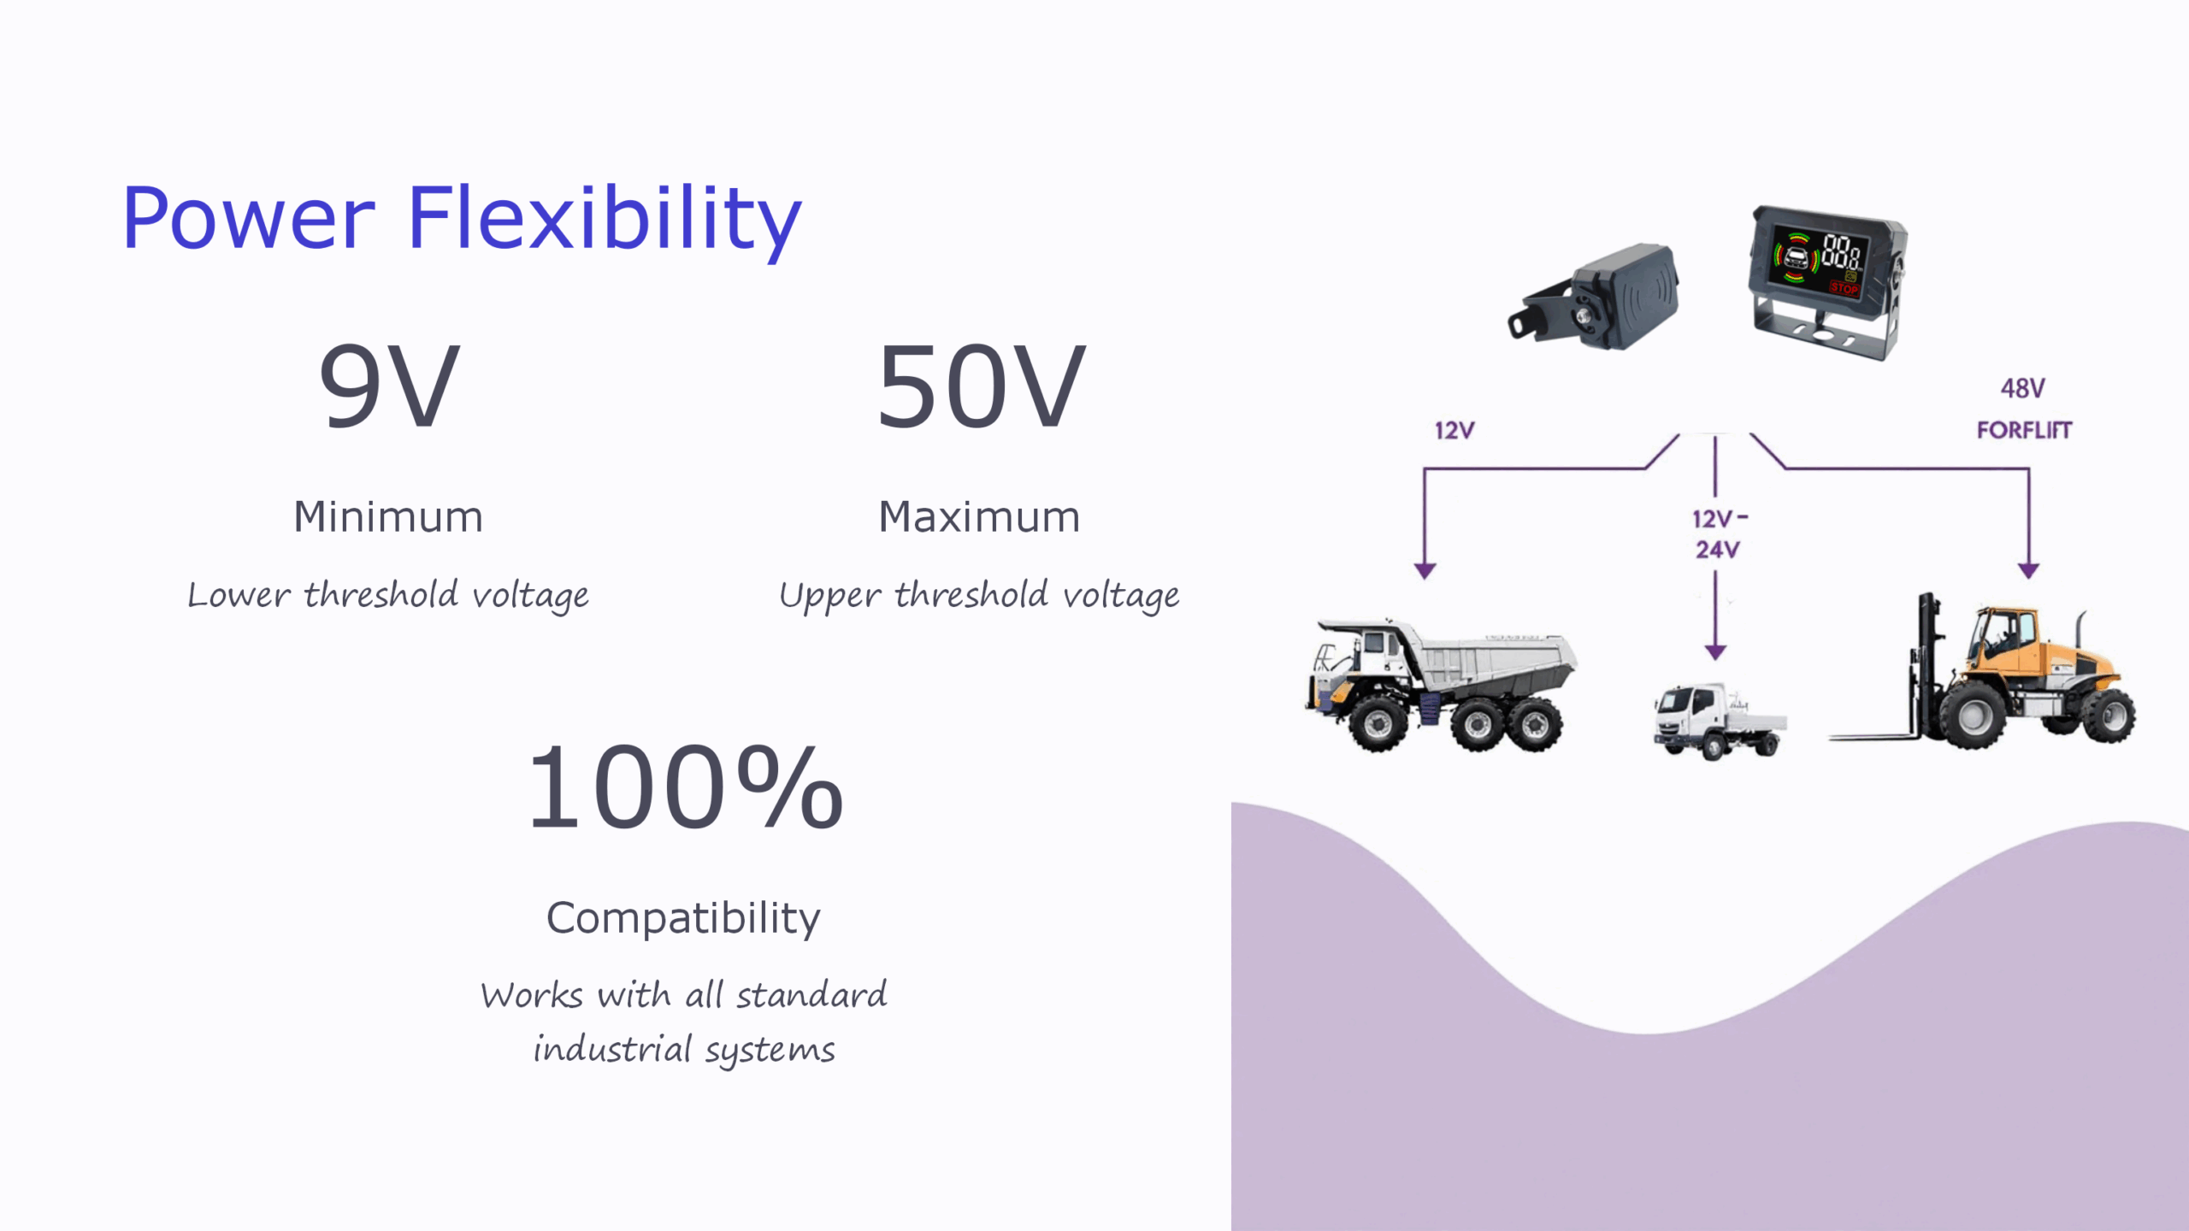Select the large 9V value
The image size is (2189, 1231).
[x=389, y=386]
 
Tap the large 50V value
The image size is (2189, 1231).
[x=981, y=386]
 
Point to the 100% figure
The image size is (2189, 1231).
[x=685, y=787]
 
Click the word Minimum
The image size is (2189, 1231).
[x=388, y=517]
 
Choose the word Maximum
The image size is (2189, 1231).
[x=980, y=517]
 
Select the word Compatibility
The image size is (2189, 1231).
[x=683, y=920]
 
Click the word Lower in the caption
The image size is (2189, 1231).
[x=239, y=595]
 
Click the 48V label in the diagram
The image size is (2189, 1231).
[x=2023, y=389]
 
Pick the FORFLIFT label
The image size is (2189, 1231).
[x=2024, y=430]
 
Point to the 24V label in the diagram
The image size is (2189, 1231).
[x=1717, y=550]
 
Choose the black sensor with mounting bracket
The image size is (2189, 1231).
[x=1594, y=297]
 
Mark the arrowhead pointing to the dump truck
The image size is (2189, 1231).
[x=1425, y=570]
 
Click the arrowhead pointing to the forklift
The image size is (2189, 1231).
[x=2029, y=570]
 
